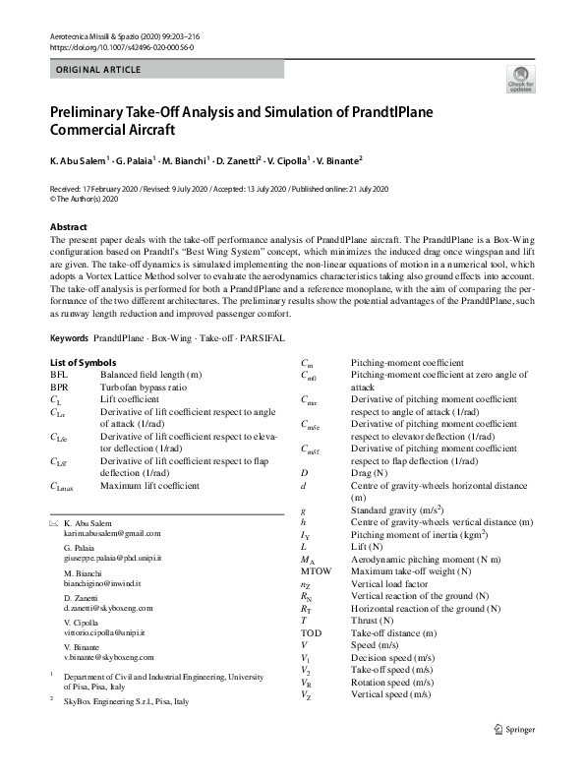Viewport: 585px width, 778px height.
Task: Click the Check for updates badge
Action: (520, 81)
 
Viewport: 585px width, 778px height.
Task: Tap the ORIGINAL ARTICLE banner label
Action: (99, 70)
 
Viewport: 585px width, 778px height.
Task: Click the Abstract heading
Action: (69, 227)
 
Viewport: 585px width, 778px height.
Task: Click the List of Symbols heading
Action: (83, 363)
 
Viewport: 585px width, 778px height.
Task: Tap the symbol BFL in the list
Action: (59, 376)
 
